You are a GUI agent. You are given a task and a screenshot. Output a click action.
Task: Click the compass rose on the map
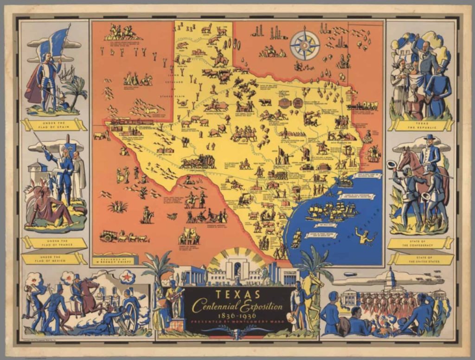coord(305,45)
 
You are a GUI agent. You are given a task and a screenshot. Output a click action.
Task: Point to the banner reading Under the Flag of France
coord(54,243)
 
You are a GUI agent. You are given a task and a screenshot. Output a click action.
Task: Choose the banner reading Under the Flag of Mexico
coord(54,258)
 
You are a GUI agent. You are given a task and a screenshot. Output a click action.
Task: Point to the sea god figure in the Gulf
coord(365,234)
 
